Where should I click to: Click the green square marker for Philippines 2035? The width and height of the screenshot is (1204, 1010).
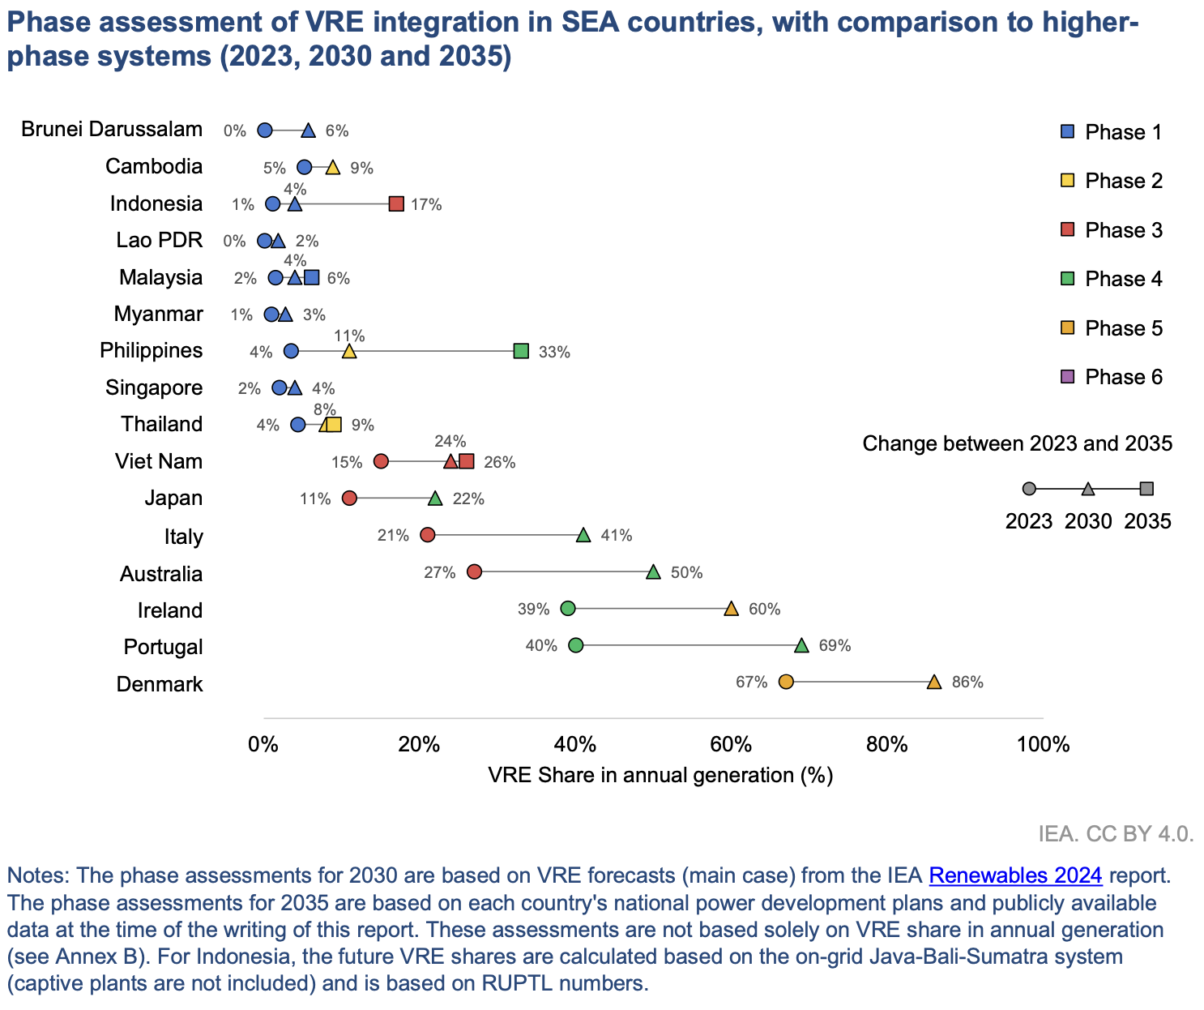[x=521, y=351]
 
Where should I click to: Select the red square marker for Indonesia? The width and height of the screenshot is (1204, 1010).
[x=396, y=203]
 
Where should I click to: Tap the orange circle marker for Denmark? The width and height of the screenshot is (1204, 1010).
[x=785, y=682]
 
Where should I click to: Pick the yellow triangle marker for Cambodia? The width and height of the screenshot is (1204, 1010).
[x=332, y=168]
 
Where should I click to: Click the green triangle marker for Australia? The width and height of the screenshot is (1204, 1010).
[x=653, y=572]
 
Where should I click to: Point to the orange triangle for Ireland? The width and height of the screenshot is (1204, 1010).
[x=731, y=609]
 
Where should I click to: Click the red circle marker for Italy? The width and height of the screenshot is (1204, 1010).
[x=428, y=535]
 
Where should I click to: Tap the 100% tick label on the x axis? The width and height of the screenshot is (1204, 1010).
[x=1043, y=744]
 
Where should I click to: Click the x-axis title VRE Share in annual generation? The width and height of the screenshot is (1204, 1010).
[x=660, y=776]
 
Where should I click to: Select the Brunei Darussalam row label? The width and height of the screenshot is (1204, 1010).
[x=112, y=130]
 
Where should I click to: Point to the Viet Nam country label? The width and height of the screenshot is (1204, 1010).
[x=159, y=461]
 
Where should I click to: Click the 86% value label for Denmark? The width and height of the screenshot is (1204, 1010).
[x=967, y=683]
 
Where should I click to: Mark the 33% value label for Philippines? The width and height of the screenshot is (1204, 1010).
[x=555, y=353]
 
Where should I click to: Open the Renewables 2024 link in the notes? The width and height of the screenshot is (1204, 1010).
[x=1015, y=875]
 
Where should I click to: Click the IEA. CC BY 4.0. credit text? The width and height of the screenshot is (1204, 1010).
[x=1116, y=834]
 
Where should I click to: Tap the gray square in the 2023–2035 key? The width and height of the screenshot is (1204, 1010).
[x=1146, y=489]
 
